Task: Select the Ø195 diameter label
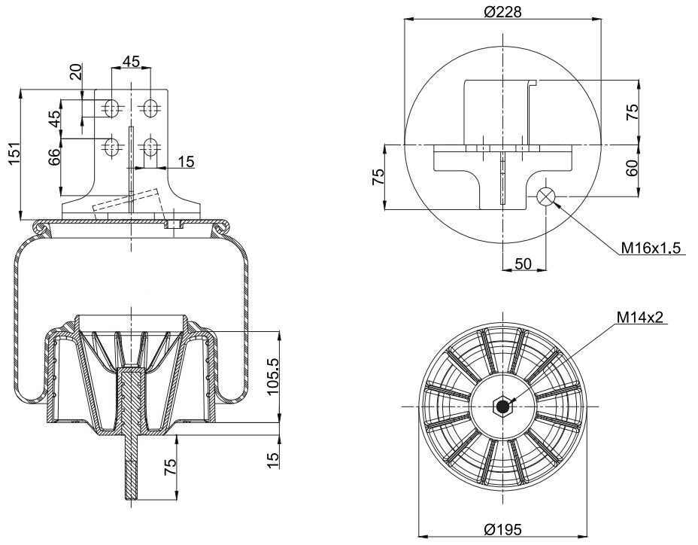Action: point(502,529)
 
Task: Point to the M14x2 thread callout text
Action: point(639,318)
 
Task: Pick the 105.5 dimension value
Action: point(272,376)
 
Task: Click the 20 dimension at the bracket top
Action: point(75,74)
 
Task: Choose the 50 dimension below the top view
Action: point(522,263)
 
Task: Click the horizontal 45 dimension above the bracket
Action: point(131,62)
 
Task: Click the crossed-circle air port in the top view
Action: point(546,197)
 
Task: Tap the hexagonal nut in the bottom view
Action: point(501,406)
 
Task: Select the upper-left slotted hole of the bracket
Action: point(112,109)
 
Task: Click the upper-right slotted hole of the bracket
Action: point(150,109)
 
